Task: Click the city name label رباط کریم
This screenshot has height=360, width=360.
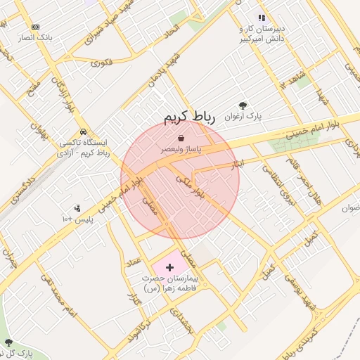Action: (x=188, y=117)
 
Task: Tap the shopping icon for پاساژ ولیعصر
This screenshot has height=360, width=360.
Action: (x=181, y=139)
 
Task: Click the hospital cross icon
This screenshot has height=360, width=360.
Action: (x=169, y=267)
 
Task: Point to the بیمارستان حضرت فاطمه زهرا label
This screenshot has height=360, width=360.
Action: (x=171, y=283)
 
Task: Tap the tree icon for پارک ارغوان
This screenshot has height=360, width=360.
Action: (x=243, y=105)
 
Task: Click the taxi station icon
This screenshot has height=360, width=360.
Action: (x=83, y=131)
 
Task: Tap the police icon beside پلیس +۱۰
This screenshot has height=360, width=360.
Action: (x=77, y=208)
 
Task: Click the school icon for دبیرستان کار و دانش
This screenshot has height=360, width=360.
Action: (x=262, y=18)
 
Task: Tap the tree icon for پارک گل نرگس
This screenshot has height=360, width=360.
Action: (x=8, y=342)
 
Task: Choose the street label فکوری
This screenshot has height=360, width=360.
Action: (x=101, y=62)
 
